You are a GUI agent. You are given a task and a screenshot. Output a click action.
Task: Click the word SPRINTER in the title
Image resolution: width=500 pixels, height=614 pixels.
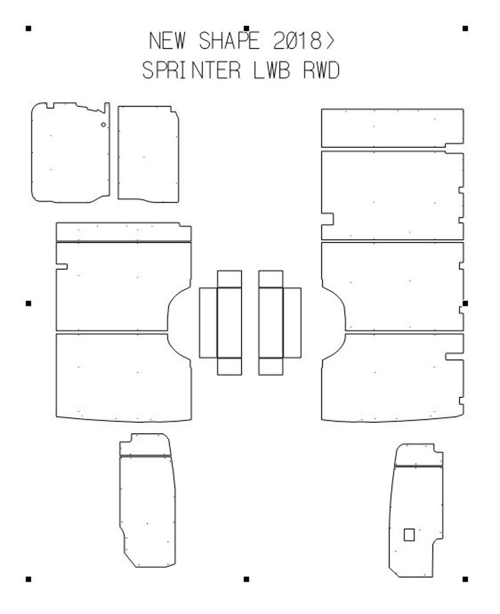192,71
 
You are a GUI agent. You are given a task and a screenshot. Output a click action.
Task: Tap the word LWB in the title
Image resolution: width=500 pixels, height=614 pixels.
271,71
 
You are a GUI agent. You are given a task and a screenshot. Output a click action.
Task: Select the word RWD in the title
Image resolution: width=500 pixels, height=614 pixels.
321,71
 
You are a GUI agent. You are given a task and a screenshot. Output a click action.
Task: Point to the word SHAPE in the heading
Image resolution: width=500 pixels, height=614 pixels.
229,41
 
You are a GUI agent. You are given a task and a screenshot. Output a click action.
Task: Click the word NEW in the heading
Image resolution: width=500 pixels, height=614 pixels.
167,41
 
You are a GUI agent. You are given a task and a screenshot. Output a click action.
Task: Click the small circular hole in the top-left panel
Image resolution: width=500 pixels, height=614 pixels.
104,125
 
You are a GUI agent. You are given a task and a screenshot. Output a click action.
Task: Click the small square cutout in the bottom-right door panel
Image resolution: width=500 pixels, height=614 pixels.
409,535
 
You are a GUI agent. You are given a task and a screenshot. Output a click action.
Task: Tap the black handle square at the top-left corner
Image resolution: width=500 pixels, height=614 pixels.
29,29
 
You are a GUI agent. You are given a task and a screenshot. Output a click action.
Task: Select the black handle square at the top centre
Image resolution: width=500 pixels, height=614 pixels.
246,29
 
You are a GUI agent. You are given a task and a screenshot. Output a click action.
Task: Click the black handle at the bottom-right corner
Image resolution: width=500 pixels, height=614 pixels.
465,579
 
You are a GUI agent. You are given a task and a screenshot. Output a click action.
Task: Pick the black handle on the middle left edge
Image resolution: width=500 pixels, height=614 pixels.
29,303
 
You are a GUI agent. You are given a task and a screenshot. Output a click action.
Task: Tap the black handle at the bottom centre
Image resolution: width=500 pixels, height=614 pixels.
246,579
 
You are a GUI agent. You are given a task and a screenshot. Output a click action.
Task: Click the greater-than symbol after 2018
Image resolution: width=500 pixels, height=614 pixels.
330,41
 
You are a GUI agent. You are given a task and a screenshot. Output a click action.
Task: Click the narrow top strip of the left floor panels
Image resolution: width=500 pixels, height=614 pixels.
123,232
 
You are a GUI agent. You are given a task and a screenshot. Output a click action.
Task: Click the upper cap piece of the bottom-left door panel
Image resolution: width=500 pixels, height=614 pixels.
145,445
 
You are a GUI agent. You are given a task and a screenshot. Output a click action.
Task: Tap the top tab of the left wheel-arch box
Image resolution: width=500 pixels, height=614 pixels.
229,279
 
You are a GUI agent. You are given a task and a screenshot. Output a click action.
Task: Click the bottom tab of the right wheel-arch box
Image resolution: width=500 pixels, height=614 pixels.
271,367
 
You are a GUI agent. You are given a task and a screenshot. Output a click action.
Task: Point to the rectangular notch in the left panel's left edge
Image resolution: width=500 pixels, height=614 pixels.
61,266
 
